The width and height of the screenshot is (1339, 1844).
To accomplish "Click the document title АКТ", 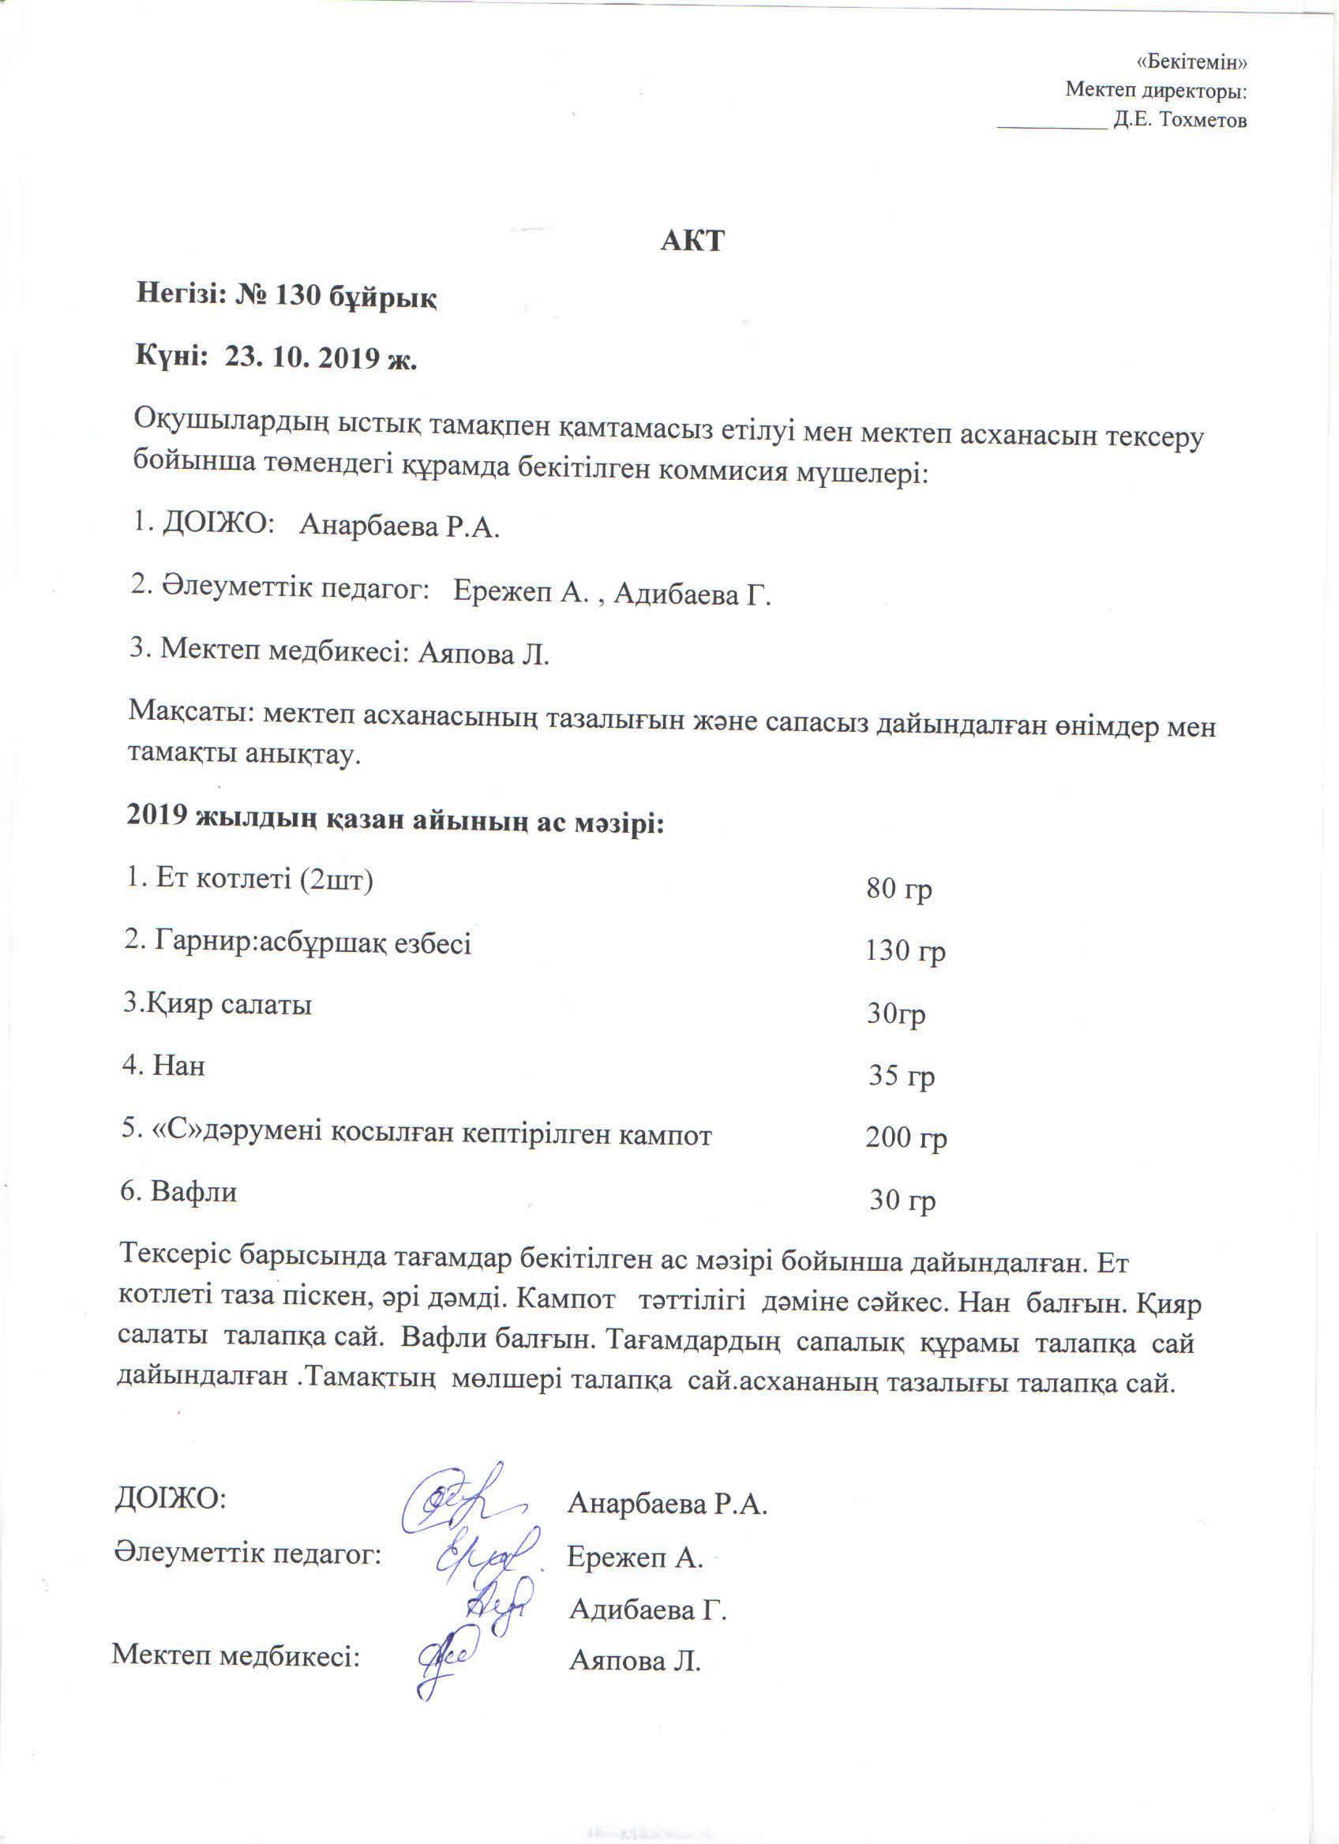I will click(x=691, y=242).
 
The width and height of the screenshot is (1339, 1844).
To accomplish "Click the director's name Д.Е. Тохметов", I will click(x=1180, y=121).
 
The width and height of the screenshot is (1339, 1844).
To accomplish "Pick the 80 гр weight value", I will click(x=898, y=889).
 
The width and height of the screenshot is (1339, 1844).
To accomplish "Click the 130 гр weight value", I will click(x=905, y=950).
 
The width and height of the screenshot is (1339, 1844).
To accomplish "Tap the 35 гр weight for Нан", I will click(x=901, y=1076).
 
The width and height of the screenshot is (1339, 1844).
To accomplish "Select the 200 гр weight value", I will click(x=906, y=1138).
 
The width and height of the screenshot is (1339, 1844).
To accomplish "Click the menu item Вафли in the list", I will click(x=193, y=1193).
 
